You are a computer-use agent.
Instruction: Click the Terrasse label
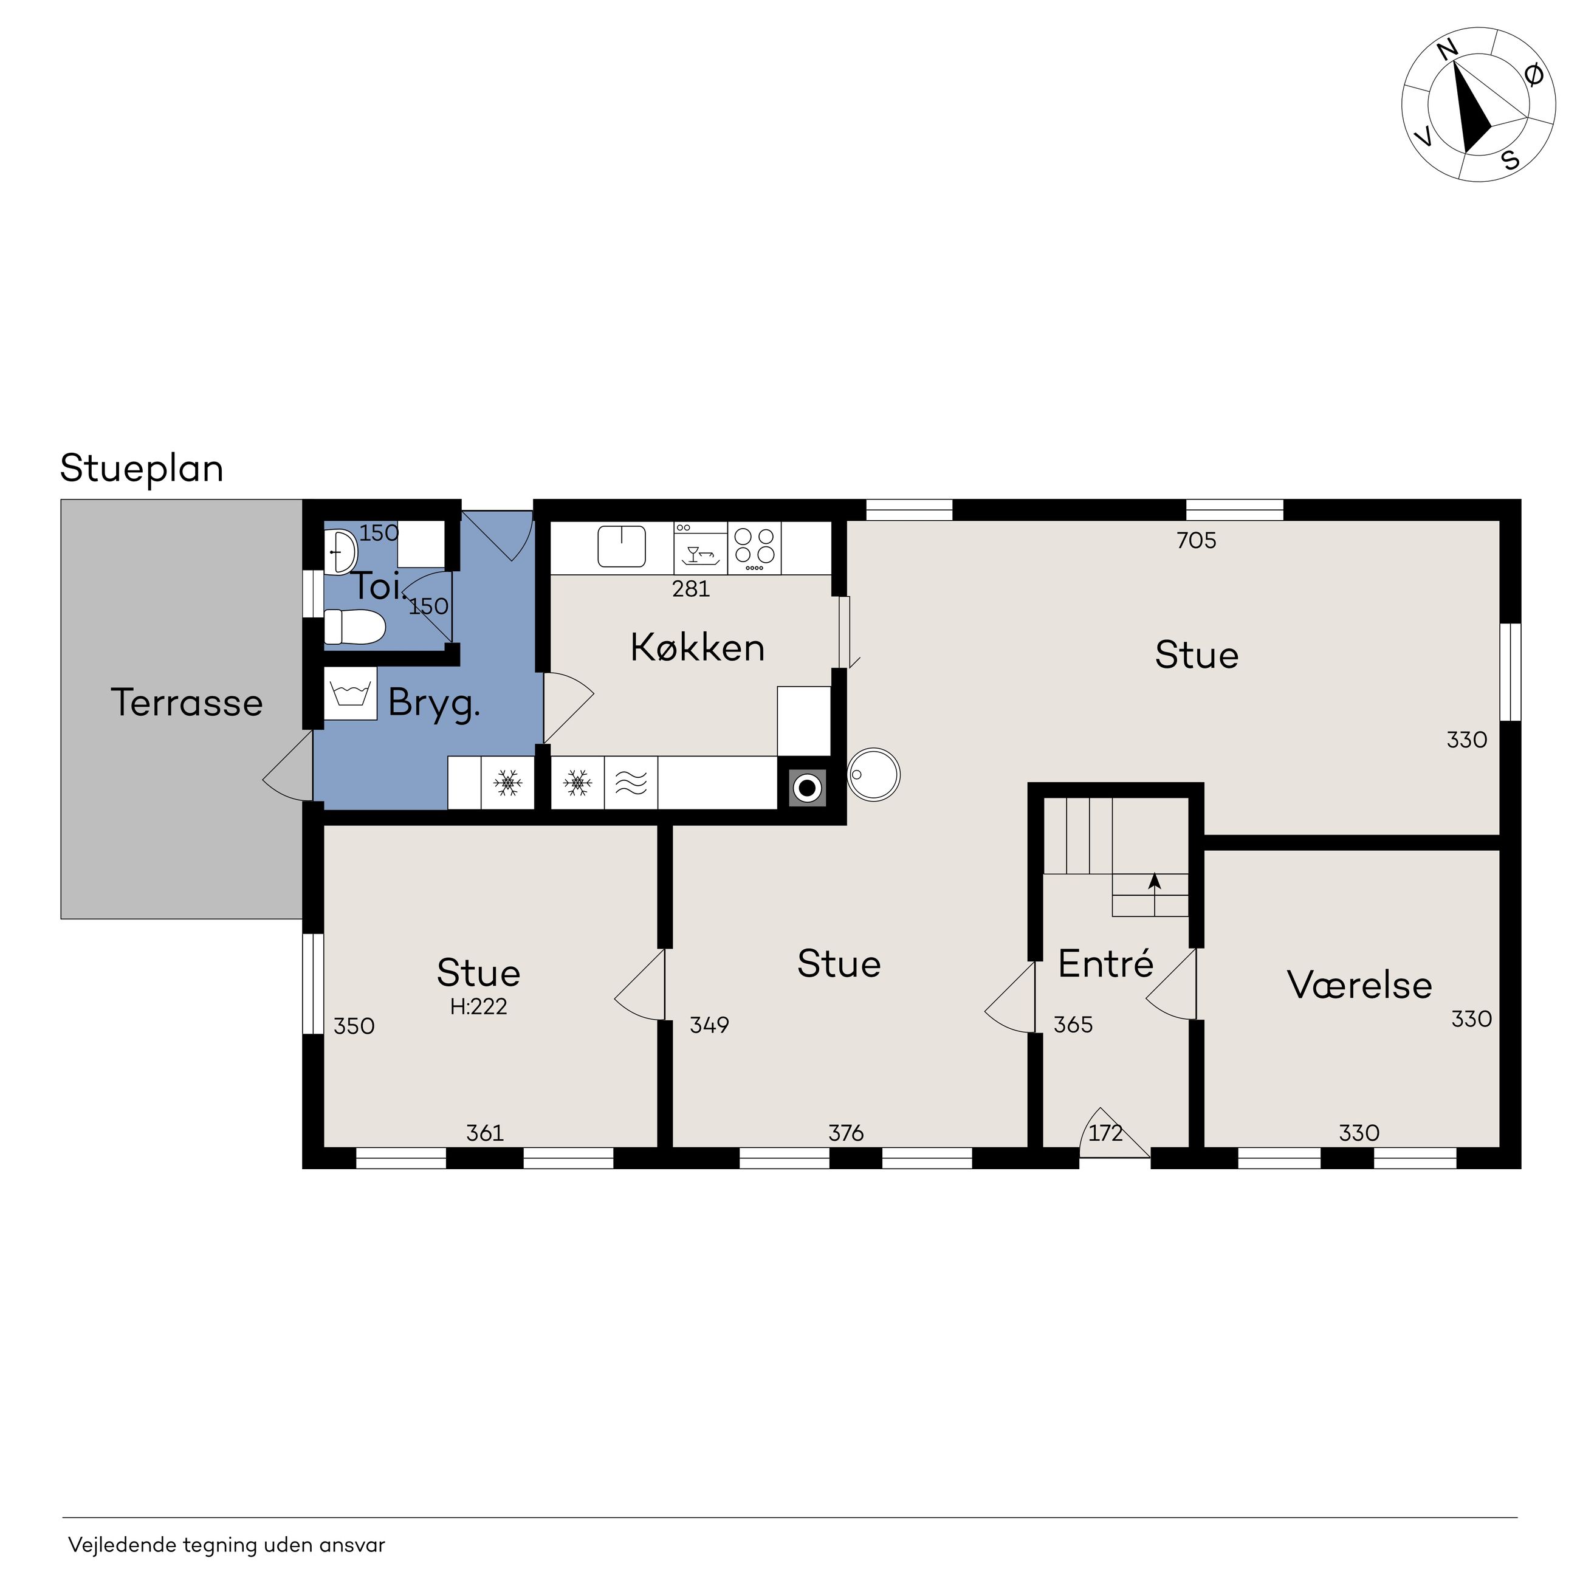click(187, 702)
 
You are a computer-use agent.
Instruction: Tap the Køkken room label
click(698, 648)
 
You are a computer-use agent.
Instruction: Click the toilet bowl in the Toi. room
click(354, 627)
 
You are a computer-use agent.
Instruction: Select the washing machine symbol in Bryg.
click(350, 693)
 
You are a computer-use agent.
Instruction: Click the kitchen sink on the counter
click(622, 546)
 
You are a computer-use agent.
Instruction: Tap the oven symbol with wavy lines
click(631, 783)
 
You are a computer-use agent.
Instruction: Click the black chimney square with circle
click(807, 788)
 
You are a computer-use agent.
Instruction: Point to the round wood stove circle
click(874, 774)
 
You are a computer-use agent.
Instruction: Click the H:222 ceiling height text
click(478, 1007)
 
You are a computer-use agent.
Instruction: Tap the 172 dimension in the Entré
click(1105, 1133)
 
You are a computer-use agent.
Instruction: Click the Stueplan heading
click(142, 469)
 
